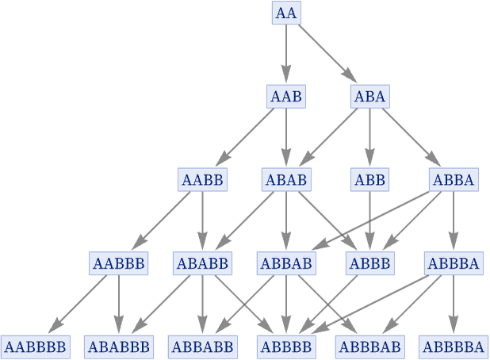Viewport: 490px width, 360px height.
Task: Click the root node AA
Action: (x=286, y=13)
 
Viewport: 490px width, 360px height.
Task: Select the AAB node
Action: (x=286, y=96)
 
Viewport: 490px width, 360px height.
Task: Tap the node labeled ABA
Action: (x=370, y=96)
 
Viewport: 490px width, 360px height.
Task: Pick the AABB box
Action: (x=202, y=180)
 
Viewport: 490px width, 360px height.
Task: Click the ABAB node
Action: (x=286, y=180)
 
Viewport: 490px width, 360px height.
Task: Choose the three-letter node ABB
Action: (x=370, y=180)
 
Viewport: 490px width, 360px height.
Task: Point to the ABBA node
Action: (x=454, y=180)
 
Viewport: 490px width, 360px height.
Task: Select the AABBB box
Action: (x=118, y=263)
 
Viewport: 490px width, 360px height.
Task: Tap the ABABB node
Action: (x=202, y=263)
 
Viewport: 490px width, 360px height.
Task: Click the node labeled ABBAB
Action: (x=286, y=263)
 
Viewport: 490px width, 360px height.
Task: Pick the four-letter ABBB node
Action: (x=370, y=263)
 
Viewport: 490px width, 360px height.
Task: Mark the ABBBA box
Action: (x=454, y=263)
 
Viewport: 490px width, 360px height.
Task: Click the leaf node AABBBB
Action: (x=36, y=347)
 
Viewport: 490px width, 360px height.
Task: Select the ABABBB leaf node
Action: (x=119, y=347)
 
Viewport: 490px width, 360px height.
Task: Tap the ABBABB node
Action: (x=203, y=347)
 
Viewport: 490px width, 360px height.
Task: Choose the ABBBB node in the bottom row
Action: (x=286, y=347)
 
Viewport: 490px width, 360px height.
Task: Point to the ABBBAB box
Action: (x=370, y=347)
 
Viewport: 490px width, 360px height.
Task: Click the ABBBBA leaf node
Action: (x=454, y=347)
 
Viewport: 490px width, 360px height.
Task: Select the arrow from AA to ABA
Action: (x=327, y=54)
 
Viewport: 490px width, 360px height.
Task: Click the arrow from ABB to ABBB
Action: (x=370, y=220)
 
